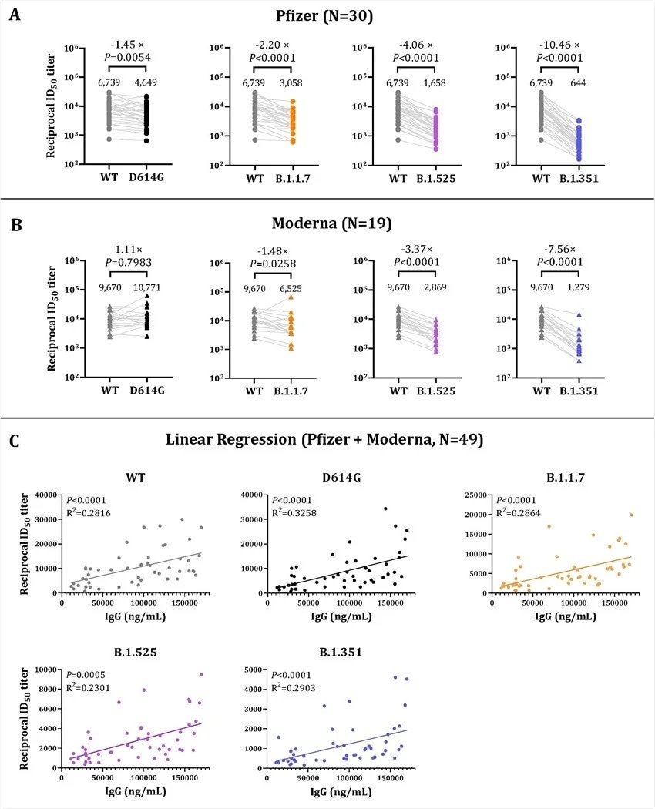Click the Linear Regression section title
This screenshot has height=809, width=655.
324,440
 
